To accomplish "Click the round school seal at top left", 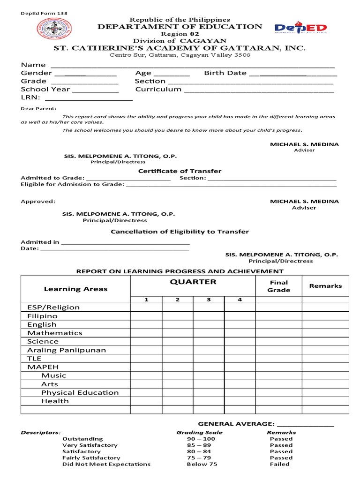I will pyautogui.click(x=52, y=33).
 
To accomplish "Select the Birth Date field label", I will pyautogui.click(x=225, y=73).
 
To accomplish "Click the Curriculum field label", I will pyautogui.click(x=158, y=89).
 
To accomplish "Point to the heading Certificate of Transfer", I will pyautogui.click(x=180, y=171).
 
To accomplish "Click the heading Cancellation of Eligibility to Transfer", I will pyautogui.click(x=180, y=232).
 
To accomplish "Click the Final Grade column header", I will pyautogui.click(x=278, y=286).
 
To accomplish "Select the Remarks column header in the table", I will pyautogui.click(x=325, y=285).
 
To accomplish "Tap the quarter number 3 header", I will pyautogui.click(x=209, y=300).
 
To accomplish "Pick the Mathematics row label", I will pyautogui.click(x=54, y=333).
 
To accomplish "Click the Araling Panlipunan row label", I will pyautogui.click(x=67, y=350).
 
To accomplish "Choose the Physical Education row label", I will pyautogui.click(x=80, y=392).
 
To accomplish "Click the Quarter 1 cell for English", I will pyautogui.click(x=146, y=324).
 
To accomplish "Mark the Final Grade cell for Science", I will pyautogui.click(x=278, y=342).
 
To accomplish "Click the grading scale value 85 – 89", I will pyautogui.click(x=199, y=445).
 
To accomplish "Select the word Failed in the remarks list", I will pyautogui.click(x=280, y=464).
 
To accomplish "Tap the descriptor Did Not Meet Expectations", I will pyautogui.click(x=106, y=464).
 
